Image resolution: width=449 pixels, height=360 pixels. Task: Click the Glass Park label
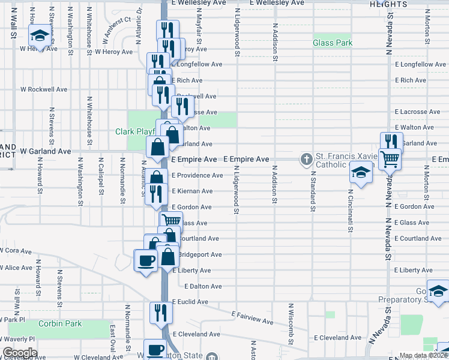point(332,43)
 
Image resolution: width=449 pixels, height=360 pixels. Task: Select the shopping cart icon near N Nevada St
point(390,159)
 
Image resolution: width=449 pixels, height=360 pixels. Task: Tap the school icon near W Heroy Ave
point(40,35)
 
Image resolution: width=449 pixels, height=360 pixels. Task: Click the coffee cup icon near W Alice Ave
point(145,260)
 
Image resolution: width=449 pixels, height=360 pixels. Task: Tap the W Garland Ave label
point(45,152)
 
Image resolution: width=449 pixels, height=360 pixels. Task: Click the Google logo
point(20,353)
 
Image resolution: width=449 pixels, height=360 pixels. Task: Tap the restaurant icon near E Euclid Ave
point(161,312)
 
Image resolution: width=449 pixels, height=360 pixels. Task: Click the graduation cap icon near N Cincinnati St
point(362,172)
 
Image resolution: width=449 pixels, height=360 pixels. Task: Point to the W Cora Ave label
point(17,251)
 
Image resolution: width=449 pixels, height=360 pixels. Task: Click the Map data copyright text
point(423,356)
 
